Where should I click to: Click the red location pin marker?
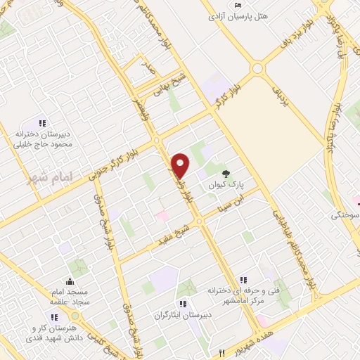tap(181, 165)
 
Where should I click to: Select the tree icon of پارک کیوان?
tap(226, 173)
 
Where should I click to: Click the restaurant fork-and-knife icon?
tap(221, 353)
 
